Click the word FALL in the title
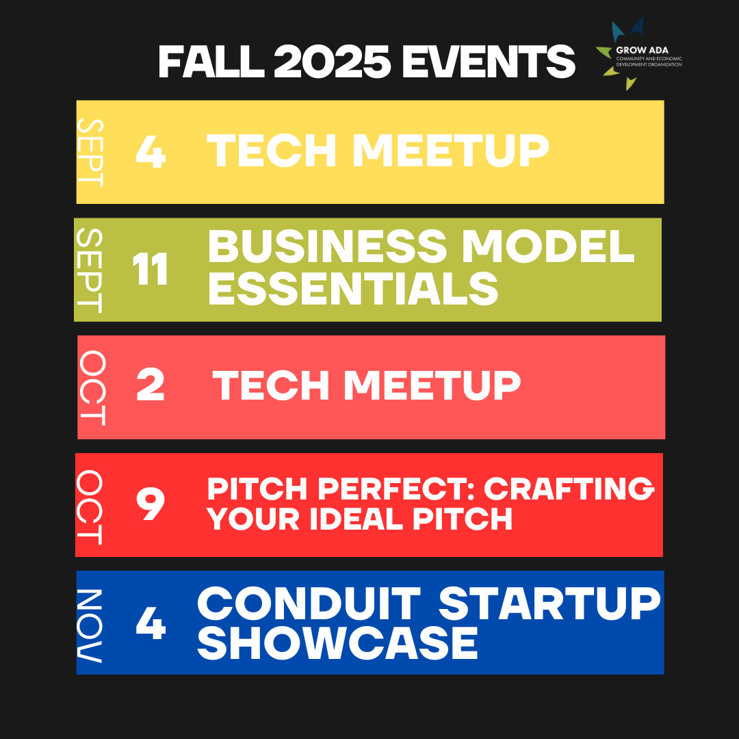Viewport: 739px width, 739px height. click(211, 62)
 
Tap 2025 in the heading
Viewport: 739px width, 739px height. click(333, 62)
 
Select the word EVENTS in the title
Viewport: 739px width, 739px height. click(489, 62)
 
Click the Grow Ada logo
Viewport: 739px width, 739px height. click(638, 54)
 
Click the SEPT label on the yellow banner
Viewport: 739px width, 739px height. click(90, 152)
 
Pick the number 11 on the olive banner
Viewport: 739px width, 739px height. click(151, 269)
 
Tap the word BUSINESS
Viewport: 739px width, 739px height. click(326, 246)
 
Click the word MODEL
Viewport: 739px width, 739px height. click(547, 246)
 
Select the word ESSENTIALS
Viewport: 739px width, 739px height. click(353, 289)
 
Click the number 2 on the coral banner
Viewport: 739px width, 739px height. click(151, 385)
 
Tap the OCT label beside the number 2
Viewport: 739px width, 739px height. click(92, 388)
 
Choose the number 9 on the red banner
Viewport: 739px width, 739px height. click(151, 504)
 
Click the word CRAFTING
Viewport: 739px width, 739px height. click(569, 489)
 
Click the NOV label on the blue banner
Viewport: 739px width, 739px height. click(90, 625)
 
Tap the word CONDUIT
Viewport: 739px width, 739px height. click(309, 604)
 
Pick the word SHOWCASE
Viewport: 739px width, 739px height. click(338, 643)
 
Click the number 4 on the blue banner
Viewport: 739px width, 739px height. click(151, 623)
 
